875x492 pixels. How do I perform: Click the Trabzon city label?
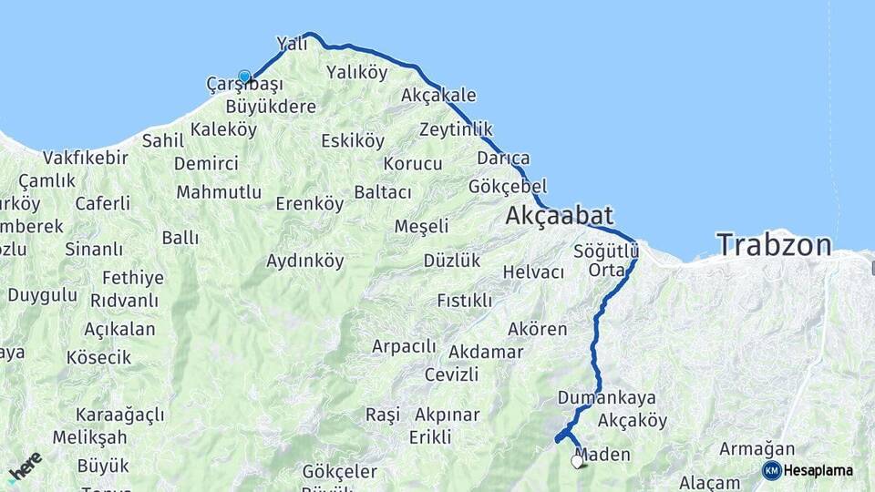(x=774, y=244)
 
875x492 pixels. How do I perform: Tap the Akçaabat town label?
(x=559, y=216)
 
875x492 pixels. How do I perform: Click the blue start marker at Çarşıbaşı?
(x=244, y=77)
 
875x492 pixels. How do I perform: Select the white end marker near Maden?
(x=577, y=461)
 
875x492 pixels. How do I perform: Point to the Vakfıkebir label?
(x=85, y=157)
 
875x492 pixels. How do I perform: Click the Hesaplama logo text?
(x=818, y=470)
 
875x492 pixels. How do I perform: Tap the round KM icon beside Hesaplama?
(x=771, y=470)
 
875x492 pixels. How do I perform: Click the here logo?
(x=25, y=466)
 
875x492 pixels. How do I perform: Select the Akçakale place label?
(x=437, y=96)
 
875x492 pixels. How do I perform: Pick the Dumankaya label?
(x=606, y=398)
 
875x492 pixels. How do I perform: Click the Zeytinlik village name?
(x=456, y=128)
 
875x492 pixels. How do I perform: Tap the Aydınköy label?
(x=304, y=261)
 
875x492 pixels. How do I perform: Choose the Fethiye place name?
(x=133, y=278)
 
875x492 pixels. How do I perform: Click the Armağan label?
(x=757, y=448)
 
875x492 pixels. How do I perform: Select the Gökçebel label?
(x=507, y=186)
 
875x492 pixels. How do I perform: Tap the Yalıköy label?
(x=356, y=72)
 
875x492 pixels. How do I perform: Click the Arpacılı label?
(x=404, y=346)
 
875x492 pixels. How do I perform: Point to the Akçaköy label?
(x=633, y=421)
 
